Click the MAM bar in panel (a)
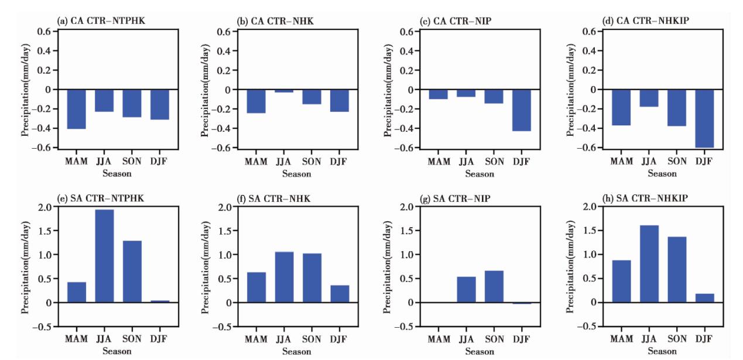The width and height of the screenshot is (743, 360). pos(76,109)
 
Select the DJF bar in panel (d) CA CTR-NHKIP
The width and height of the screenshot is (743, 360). pos(704,118)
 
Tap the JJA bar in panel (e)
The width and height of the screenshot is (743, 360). pos(104,256)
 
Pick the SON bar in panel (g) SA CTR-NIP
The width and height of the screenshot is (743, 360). pos(494,286)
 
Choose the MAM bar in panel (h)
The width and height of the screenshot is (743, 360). pos(621,281)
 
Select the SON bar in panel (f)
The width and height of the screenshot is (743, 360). pos(312,277)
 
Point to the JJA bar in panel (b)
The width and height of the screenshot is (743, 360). pos(284,91)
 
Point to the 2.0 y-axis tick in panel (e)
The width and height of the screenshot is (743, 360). pos(43,207)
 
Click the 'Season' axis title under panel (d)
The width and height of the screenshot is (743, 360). pos(662,174)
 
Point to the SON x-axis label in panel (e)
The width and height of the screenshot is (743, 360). pos(132,339)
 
